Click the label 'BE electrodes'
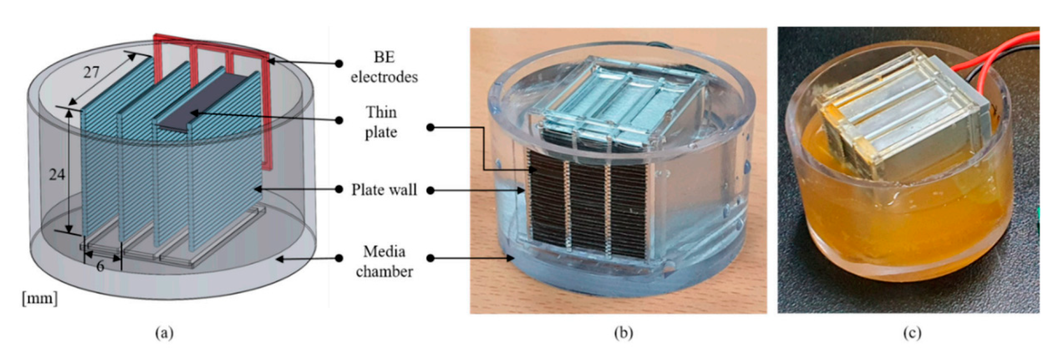(384, 67)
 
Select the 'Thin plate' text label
(381, 122)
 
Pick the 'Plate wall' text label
(384, 190)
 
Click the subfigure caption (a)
(165, 333)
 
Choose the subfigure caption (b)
(624, 333)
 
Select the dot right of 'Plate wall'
(431, 190)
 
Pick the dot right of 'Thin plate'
(431, 128)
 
